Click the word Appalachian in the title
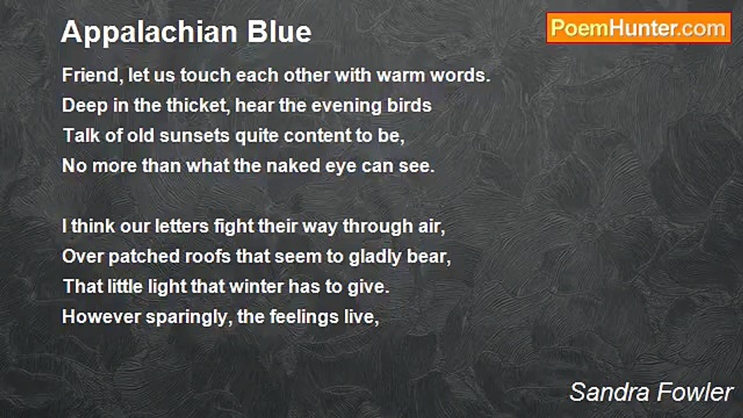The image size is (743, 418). tap(149, 33)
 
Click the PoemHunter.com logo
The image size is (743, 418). tap(639, 28)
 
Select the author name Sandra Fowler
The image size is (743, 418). tap(651, 392)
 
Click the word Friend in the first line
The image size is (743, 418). tap(90, 75)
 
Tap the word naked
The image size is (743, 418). tap(293, 165)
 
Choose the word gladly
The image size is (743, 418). tap(375, 257)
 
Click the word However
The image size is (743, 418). tap(101, 317)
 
